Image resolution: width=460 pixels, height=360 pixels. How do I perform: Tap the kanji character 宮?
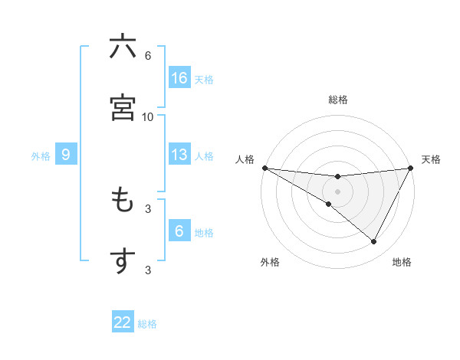[x=123, y=107]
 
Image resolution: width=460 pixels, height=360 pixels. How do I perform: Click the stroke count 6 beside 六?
[x=148, y=56]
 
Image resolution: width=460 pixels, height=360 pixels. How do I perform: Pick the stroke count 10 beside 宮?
[x=148, y=116]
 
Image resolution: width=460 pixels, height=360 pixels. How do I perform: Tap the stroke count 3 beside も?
[x=148, y=208]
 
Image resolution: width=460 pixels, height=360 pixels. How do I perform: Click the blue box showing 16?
[x=179, y=78]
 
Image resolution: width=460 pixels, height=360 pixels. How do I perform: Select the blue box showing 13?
[x=179, y=155]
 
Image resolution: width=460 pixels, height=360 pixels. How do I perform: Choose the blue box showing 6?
[x=179, y=231]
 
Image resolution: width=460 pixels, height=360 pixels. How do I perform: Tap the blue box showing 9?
[x=66, y=155]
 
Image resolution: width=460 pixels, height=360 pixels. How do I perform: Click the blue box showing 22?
[x=123, y=322]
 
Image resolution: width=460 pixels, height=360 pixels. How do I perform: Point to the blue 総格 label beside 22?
[x=147, y=324]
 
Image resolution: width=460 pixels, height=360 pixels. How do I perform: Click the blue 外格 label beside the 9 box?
[x=41, y=156]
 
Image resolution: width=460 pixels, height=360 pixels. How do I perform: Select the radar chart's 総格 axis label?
[x=338, y=100]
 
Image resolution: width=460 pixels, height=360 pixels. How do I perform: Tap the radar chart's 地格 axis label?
[x=402, y=263]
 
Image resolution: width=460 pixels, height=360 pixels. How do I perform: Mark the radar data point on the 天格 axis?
[x=411, y=167]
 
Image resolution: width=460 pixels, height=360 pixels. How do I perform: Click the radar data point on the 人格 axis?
[x=264, y=167]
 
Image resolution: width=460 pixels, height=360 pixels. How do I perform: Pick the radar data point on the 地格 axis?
[x=374, y=241]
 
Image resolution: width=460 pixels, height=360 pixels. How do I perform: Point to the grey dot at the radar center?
[x=338, y=191]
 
